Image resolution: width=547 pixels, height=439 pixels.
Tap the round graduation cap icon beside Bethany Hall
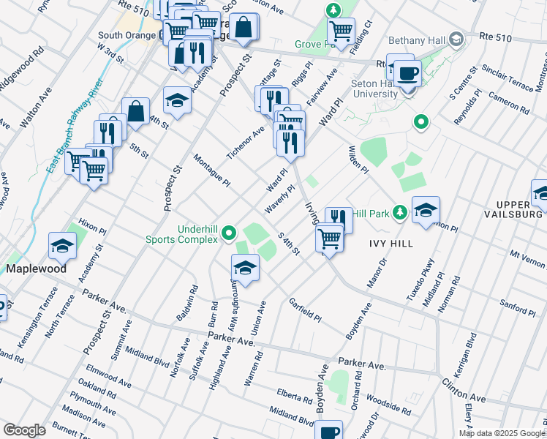tap(457, 38)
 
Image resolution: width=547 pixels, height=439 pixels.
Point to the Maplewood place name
tap(37, 269)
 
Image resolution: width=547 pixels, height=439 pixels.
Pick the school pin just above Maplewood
tap(63, 248)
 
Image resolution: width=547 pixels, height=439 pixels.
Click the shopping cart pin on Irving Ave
tap(330, 238)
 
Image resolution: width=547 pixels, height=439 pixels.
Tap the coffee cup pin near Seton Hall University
tap(409, 72)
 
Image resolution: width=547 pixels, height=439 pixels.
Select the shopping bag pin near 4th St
tap(136, 111)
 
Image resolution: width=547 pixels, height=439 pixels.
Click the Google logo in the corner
tap(24, 430)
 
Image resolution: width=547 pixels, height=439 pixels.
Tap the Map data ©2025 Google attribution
tap(501, 433)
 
